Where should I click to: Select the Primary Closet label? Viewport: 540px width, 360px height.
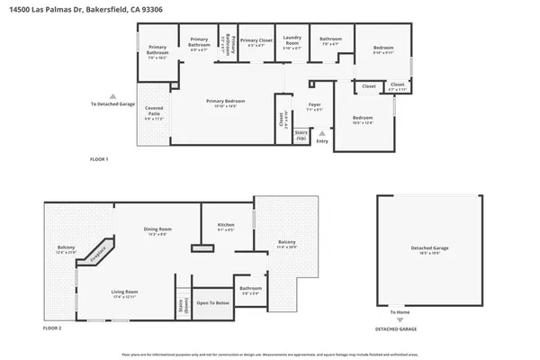256,41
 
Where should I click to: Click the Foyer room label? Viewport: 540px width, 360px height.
314,106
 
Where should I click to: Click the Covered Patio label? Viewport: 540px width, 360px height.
155,112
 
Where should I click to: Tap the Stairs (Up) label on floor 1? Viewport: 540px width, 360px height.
301,135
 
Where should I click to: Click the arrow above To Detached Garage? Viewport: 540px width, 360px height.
112,95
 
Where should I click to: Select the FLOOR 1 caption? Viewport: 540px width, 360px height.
99,159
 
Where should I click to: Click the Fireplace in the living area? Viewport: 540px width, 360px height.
96,253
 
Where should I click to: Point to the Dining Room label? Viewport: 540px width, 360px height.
158,230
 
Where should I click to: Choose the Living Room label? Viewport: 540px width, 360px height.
124,293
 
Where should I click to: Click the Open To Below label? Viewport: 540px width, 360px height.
213,303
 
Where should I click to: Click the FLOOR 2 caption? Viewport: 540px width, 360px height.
52,329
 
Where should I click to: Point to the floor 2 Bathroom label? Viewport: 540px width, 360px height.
249,289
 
